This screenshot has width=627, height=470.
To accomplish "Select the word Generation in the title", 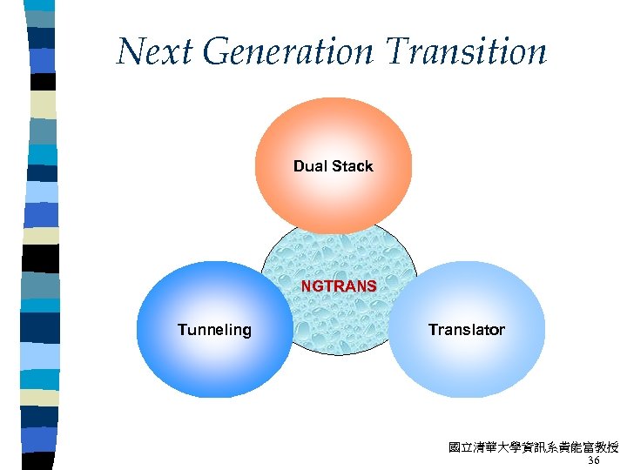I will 292,53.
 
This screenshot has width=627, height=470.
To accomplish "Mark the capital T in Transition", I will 399,51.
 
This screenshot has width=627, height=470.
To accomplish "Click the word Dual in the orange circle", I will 309,166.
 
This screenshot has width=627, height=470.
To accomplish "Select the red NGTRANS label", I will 339,285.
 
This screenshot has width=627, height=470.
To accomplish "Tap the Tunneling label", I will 214,330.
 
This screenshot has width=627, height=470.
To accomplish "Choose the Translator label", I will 466,330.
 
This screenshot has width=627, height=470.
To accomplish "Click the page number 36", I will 594,460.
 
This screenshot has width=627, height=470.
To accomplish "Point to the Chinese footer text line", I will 533,447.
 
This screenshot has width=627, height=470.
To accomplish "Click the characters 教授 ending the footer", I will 606,447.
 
